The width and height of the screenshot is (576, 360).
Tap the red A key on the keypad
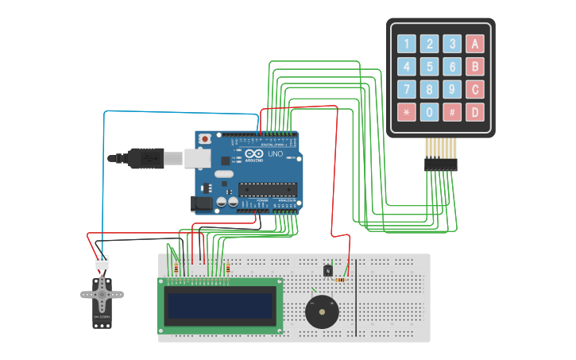click(x=474, y=44)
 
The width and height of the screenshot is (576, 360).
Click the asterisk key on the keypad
click(x=407, y=112)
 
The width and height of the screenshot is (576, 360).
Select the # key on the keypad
click(x=452, y=112)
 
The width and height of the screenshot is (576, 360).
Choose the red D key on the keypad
click(x=474, y=112)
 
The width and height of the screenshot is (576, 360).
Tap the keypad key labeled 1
click(x=407, y=44)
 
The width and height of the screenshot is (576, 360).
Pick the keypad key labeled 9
click(x=452, y=89)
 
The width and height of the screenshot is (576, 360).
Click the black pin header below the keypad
click(x=440, y=164)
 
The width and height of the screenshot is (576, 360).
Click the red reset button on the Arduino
click(x=206, y=139)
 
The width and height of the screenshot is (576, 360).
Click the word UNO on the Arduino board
click(x=275, y=154)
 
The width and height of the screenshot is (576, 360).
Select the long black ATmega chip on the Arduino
click(x=267, y=189)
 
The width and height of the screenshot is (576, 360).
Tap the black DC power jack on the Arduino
click(x=203, y=204)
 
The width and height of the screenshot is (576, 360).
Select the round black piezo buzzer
click(x=322, y=312)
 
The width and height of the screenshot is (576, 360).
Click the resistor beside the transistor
click(x=341, y=280)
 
